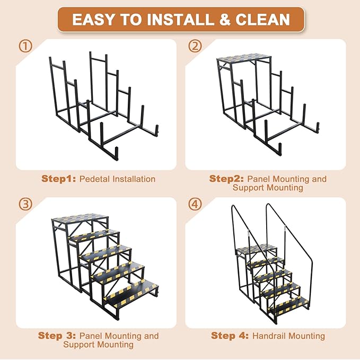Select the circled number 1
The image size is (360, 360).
[25, 46]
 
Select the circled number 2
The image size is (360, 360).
[195, 46]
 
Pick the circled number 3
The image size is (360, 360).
[25, 204]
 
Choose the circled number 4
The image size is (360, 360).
[195, 204]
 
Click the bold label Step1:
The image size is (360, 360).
[59, 179]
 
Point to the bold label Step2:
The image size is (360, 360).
[227, 179]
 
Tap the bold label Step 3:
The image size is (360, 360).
[57, 336]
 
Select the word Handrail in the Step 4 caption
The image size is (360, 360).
[269, 336]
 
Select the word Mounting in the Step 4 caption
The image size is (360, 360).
[306, 336]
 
